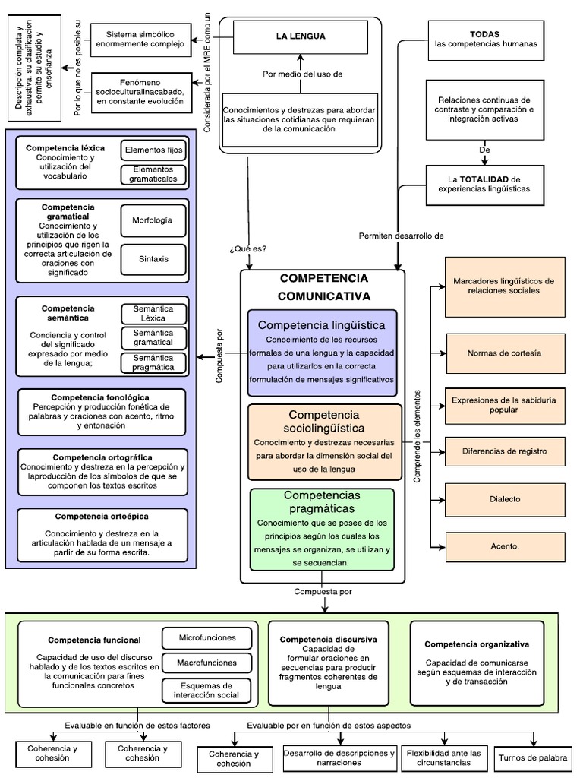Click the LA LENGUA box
click(300, 36)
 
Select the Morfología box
click(153, 220)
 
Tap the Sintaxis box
click(153, 259)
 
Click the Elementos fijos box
click(153, 150)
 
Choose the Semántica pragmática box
click(153, 362)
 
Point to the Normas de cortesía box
click(504, 353)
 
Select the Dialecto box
click(504, 499)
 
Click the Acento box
click(504, 546)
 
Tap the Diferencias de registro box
click(504, 451)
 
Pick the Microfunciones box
click(207, 637)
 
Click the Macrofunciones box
click(207, 663)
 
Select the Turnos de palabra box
click(532, 757)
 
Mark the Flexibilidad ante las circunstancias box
click(443, 758)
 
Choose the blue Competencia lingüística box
click(322, 353)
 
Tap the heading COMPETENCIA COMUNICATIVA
click(323, 286)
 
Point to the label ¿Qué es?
click(247, 249)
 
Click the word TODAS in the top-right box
click(485, 34)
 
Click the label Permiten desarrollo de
click(401, 236)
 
